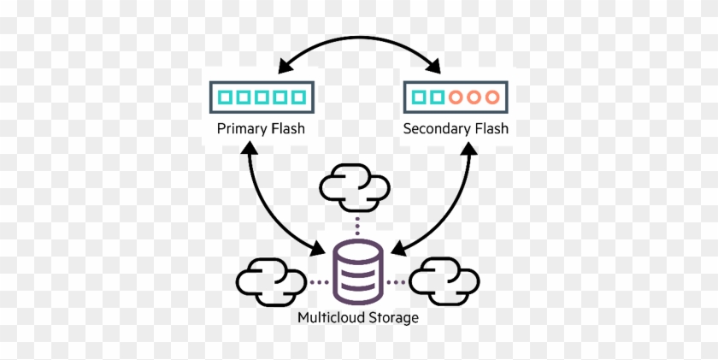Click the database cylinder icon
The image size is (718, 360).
pyautogui.click(x=359, y=272)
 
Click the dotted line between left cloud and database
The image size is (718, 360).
pyautogui.click(x=318, y=280)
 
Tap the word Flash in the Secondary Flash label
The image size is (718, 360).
pyautogui.click(x=491, y=130)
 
